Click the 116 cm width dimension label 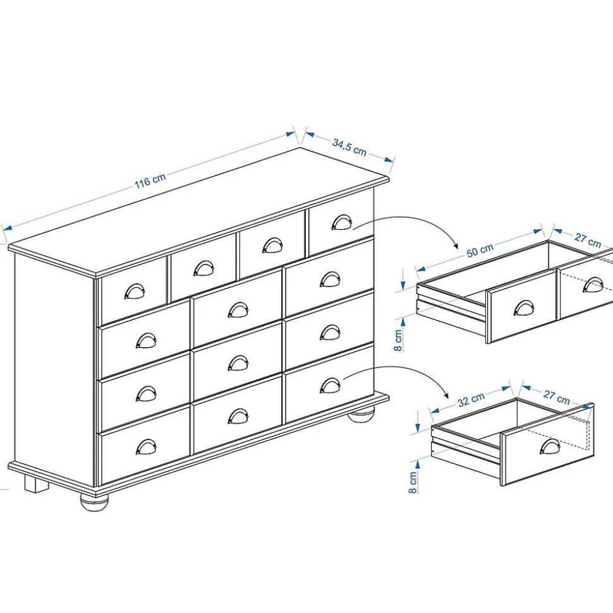pyautogui.click(x=150, y=180)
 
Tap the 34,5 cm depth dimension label pyautogui.click(x=349, y=147)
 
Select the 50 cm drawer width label pyautogui.click(x=480, y=250)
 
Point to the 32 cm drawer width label pyautogui.click(x=471, y=399)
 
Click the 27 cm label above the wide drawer pyautogui.click(x=588, y=240)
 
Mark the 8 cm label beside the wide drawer pyautogui.click(x=398, y=340)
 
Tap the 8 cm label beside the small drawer pyautogui.click(x=413, y=482)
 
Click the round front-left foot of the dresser pyautogui.click(x=94, y=503)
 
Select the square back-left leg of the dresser pyautogui.click(x=37, y=484)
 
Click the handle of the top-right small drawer pyautogui.click(x=342, y=222)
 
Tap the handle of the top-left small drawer pyautogui.click(x=135, y=291)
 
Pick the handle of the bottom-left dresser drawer pyautogui.click(x=146, y=447)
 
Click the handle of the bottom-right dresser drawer pyautogui.click(x=330, y=386)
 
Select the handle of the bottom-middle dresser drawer pyautogui.click(x=238, y=417)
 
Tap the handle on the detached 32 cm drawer pyautogui.click(x=550, y=446)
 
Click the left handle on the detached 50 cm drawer pyautogui.click(x=524, y=307)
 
